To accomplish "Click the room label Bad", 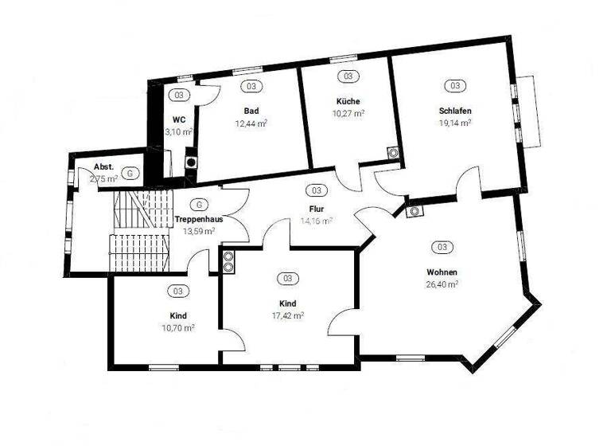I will point(251,111).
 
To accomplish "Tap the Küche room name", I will point(348,101).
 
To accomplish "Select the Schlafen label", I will point(455,111).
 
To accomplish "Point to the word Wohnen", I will point(442,272).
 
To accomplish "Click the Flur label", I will point(316,209).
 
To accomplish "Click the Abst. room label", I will point(103,167).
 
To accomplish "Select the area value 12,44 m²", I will point(251,123).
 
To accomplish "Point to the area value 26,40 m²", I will point(442,284).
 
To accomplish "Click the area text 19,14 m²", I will point(455,123).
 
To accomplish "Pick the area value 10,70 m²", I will point(178,327).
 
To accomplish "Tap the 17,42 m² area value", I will point(287,315).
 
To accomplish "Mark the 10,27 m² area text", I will point(348,113).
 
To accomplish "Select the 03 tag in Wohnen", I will point(442,247).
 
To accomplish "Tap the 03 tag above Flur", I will point(316,191).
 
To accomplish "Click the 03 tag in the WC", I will point(179,95).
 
